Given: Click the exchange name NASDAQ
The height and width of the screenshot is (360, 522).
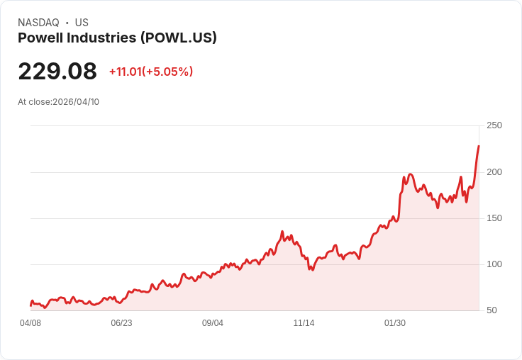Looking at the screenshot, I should pyautogui.click(x=38, y=23).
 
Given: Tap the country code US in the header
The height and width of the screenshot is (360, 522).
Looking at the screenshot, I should pyautogui.click(x=82, y=23).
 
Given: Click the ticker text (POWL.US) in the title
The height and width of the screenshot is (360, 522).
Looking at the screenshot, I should pyautogui.click(x=179, y=38).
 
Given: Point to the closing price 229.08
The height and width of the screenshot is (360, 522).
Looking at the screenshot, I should pyautogui.click(x=57, y=72).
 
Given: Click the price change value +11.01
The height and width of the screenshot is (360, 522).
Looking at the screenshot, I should pyautogui.click(x=126, y=72).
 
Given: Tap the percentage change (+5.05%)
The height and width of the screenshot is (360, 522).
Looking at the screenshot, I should pyautogui.click(x=168, y=72).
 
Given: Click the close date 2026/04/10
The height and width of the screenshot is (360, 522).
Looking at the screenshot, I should pyautogui.click(x=76, y=102).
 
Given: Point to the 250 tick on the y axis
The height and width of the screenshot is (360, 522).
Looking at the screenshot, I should pyautogui.click(x=494, y=125).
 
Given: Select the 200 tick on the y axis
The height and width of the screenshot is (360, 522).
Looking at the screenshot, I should pyautogui.click(x=494, y=171).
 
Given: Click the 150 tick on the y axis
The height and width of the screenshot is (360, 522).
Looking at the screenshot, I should pyautogui.click(x=494, y=218).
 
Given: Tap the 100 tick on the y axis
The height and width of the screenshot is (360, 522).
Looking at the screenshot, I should pyautogui.click(x=494, y=264).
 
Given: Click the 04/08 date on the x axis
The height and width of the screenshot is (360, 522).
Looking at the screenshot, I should pyautogui.click(x=30, y=323).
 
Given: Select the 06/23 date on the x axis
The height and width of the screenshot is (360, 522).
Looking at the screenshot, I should pyautogui.click(x=121, y=323).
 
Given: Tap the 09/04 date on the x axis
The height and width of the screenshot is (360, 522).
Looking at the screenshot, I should pyautogui.click(x=213, y=323).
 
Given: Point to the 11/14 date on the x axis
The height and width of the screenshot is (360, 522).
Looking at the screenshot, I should pyautogui.click(x=304, y=323).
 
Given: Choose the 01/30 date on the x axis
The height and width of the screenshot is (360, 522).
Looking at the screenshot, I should pyautogui.click(x=395, y=323).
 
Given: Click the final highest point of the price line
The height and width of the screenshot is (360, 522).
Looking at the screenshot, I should pyautogui.click(x=479, y=146).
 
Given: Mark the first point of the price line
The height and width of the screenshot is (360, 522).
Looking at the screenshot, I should pyautogui.click(x=30, y=305).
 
